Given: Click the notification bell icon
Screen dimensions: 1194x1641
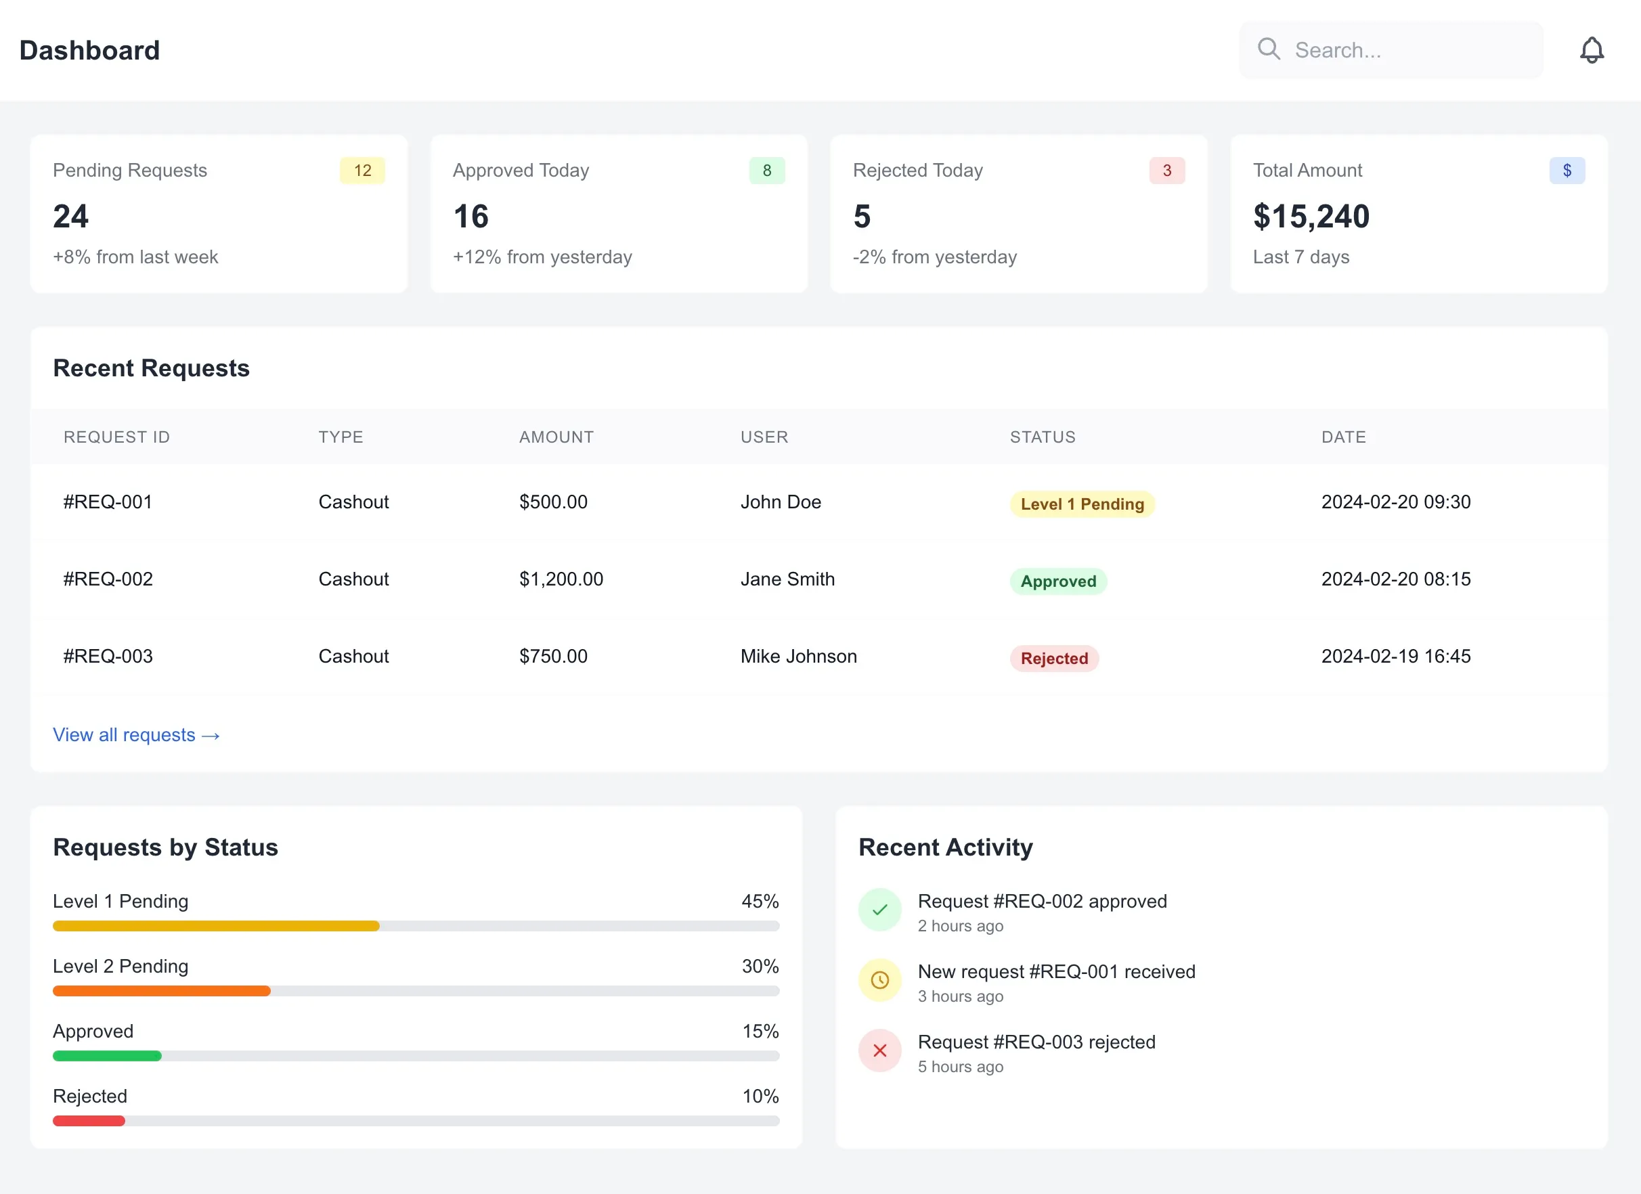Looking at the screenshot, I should click(x=1591, y=51).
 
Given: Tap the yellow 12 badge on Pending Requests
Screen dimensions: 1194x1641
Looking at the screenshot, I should click(x=362, y=171).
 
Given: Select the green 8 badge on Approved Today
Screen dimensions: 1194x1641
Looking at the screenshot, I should click(x=766, y=171).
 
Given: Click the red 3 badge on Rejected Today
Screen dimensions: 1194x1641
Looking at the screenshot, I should click(x=1166, y=171).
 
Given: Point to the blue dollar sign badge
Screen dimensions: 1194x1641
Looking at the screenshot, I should click(x=1567, y=171).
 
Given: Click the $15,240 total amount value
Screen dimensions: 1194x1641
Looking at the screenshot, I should click(x=1311, y=217).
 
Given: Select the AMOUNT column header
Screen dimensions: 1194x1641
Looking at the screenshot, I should click(x=556, y=437).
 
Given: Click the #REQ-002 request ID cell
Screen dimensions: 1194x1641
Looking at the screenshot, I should click(x=108, y=579).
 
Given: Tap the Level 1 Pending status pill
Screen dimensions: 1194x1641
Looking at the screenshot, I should click(x=1082, y=504).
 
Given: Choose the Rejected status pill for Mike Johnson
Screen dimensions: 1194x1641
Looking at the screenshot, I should click(x=1053, y=659).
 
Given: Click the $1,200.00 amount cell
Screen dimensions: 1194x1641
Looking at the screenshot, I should click(x=561, y=579).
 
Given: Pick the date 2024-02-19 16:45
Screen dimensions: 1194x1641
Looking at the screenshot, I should click(x=1395, y=657).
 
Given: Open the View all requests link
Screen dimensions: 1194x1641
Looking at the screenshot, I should click(x=136, y=735).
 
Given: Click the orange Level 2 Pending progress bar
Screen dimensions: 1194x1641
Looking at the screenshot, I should click(x=161, y=991).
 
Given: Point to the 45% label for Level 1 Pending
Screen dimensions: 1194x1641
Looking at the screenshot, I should click(x=759, y=902).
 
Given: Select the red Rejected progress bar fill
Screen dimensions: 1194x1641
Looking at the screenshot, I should click(x=89, y=1121).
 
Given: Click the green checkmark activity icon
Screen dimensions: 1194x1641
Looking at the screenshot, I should click(x=879, y=910).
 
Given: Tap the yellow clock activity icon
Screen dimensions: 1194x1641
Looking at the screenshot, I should click(x=879, y=980).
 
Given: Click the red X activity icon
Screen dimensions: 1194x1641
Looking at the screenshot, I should click(x=879, y=1050).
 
